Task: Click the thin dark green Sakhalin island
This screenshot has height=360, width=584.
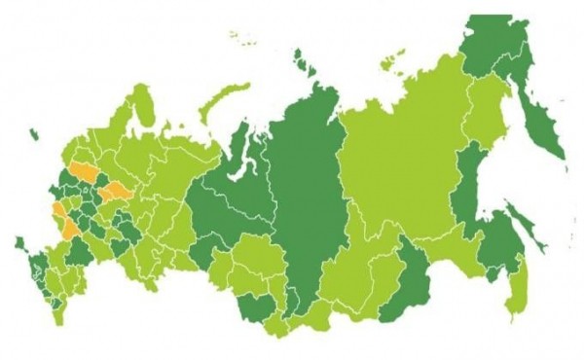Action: [x=517, y=248]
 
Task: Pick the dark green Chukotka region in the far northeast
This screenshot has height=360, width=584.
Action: [x=496, y=44]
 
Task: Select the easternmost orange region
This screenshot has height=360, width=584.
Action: [x=117, y=190]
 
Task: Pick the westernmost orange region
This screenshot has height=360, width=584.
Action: [x=58, y=211]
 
